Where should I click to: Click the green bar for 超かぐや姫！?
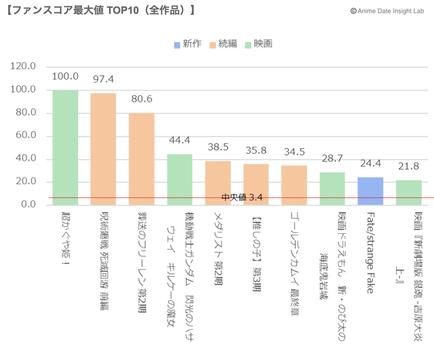pyautogui.click(x=65, y=147)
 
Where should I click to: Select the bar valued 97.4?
pyautogui.click(x=103, y=149)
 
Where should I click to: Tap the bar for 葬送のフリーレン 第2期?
pyautogui.click(x=141, y=159)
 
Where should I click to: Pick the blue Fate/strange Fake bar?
pyautogui.click(x=370, y=191)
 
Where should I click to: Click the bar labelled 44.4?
pyautogui.click(x=179, y=179)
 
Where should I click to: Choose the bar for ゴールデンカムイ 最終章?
pyautogui.click(x=294, y=185)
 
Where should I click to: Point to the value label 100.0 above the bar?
pyautogui.click(x=65, y=76)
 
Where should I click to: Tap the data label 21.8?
pyautogui.click(x=408, y=166)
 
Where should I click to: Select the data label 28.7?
pyautogui.click(x=332, y=159)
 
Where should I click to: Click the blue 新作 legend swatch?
pyautogui.click(x=177, y=44)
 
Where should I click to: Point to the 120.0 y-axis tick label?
pyautogui.click(x=23, y=67)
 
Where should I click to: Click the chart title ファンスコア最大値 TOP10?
pyautogui.click(x=101, y=10)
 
